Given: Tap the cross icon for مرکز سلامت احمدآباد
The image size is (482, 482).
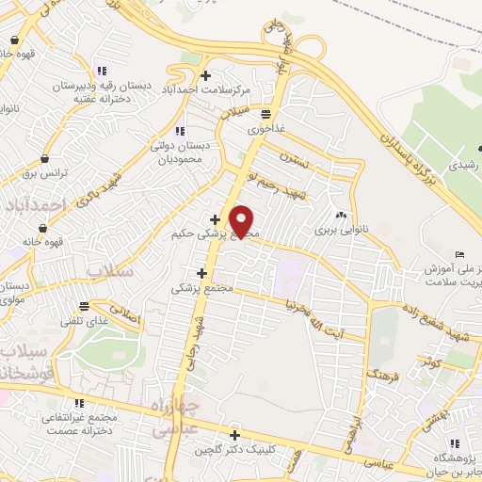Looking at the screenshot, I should (x=206, y=75).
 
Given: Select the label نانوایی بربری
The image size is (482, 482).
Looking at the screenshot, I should (x=337, y=229).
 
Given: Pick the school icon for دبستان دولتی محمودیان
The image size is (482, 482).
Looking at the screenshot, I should (x=180, y=132).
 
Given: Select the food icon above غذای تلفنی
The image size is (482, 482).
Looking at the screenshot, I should (x=85, y=305).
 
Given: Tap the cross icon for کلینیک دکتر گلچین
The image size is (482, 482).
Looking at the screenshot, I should (x=234, y=435).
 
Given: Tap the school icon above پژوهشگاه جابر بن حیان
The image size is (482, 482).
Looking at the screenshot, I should (x=455, y=443).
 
